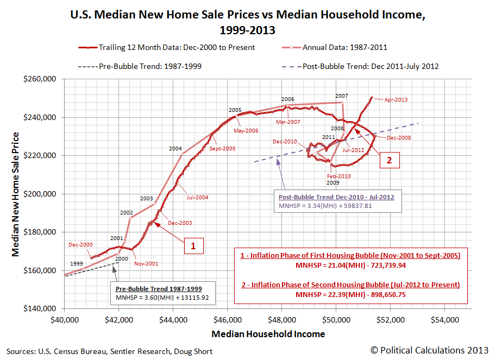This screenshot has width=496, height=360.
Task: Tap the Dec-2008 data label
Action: click(x=399, y=138)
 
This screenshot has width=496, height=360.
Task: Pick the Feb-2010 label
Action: click(x=338, y=176)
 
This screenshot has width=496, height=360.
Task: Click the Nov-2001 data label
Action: click(x=147, y=263)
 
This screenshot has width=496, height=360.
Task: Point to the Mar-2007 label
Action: click(x=287, y=122)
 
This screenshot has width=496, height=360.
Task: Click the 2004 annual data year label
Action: click(x=175, y=148)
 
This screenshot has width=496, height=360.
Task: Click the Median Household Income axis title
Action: click(x=268, y=334)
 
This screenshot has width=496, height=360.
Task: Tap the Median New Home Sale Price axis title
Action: click(x=16, y=194)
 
